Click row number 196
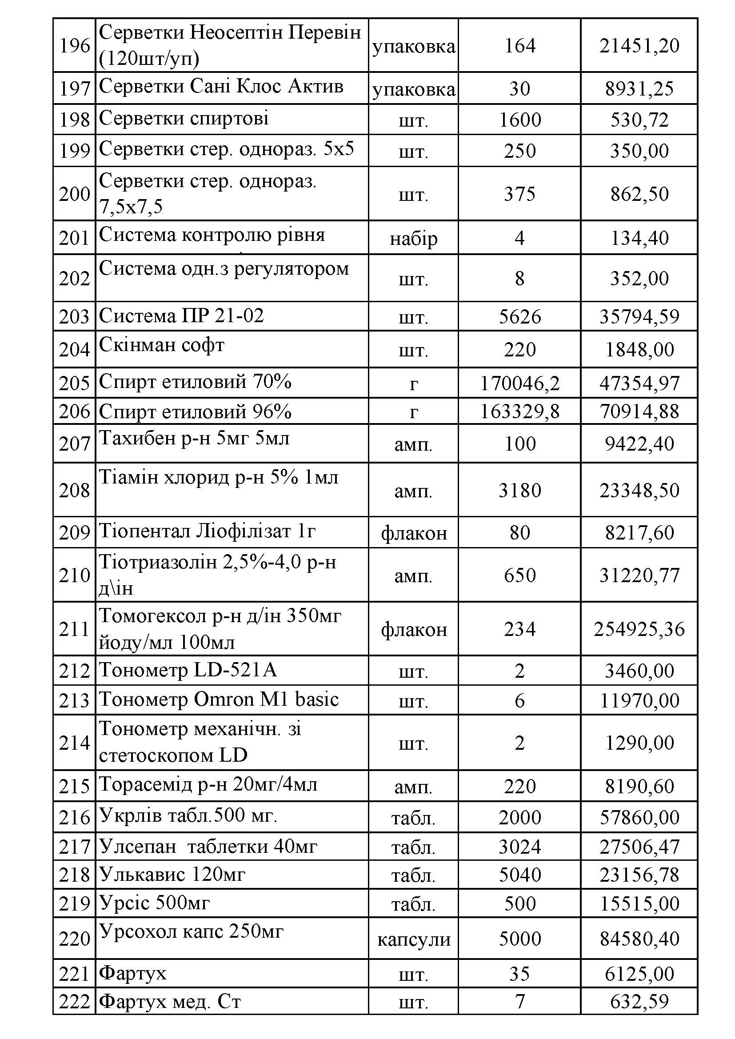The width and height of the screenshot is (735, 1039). (x=74, y=45)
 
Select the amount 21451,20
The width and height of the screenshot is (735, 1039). (x=639, y=45)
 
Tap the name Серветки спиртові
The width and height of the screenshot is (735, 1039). (x=184, y=119)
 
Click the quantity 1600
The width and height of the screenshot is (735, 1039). (x=519, y=120)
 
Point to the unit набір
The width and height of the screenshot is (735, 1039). (x=413, y=238)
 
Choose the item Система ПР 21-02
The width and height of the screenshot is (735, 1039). (x=181, y=316)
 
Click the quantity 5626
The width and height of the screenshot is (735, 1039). (x=519, y=316)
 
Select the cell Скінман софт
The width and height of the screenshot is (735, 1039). (x=162, y=346)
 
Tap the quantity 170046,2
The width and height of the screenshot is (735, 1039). (x=519, y=383)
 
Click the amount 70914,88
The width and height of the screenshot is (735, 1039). (x=639, y=412)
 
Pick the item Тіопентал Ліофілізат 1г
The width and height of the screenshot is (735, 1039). (x=207, y=531)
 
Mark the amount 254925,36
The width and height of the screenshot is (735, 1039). (x=639, y=629)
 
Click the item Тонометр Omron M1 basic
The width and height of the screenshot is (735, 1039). (x=219, y=699)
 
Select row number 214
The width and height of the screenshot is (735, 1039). (x=74, y=743)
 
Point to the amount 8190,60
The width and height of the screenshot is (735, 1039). (x=639, y=786)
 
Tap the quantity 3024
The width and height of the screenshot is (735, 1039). (x=519, y=846)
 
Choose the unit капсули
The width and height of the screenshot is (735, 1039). (x=413, y=939)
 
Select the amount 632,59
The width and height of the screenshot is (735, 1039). (x=639, y=1001)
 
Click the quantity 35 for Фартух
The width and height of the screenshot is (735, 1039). (x=519, y=974)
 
